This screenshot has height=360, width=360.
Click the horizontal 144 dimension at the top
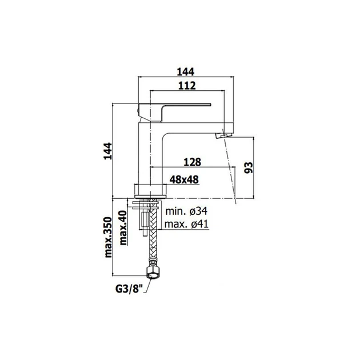(186, 72)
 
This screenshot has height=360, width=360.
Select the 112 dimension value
(187, 85)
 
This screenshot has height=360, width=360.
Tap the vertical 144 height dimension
(107, 151)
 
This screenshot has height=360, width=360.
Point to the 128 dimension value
(192, 162)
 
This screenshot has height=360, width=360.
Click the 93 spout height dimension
(248, 167)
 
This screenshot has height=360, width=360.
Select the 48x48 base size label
(184, 179)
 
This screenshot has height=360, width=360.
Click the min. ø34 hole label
(186, 211)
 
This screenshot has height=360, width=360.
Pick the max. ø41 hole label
(186, 224)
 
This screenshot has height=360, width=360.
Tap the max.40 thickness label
(123, 228)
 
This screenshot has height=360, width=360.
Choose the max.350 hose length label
(108, 237)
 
